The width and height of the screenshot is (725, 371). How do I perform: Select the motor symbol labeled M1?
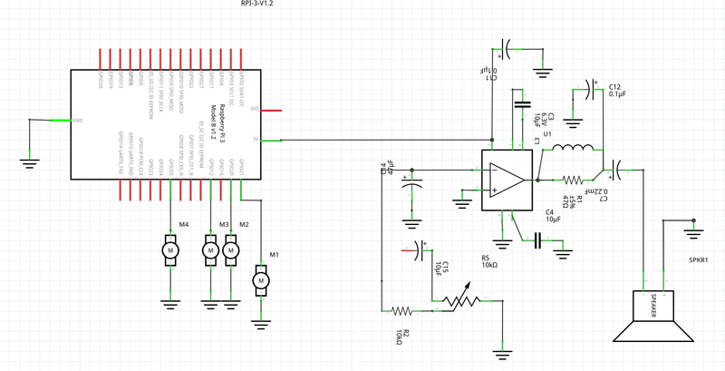[x=261, y=281]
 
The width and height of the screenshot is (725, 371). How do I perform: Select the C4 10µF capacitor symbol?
[x=537, y=239]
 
